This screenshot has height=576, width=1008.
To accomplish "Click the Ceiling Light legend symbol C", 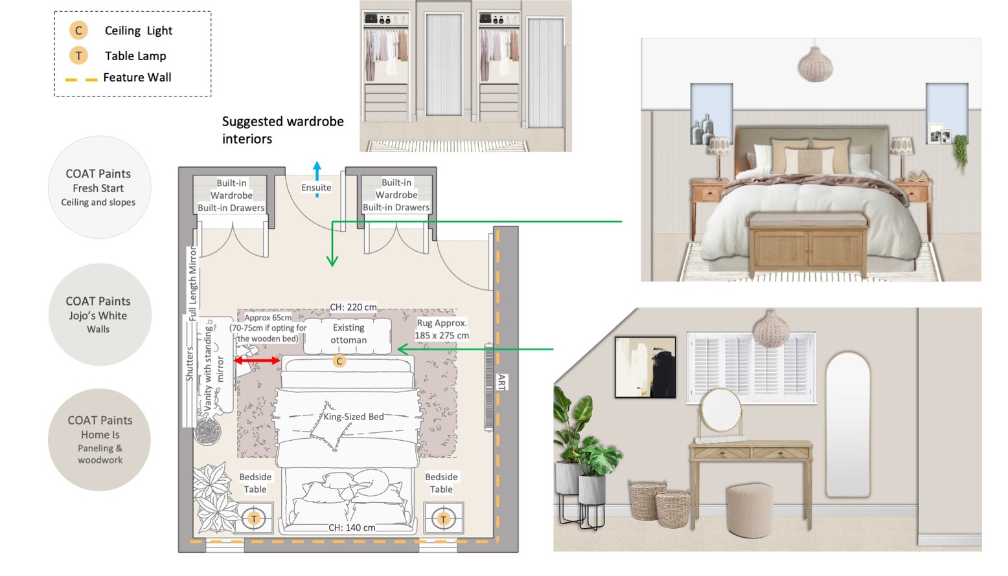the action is [x=78, y=30].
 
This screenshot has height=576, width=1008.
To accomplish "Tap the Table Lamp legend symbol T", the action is [x=78, y=56].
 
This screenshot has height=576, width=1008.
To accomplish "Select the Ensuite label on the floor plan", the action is [x=316, y=188].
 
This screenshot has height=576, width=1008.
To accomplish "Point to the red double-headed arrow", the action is [x=257, y=360].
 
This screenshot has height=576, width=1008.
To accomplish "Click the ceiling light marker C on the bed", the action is [x=339, y=360].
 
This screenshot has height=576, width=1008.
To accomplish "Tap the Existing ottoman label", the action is [x=349, y=334].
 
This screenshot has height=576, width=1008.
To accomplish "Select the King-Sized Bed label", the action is [x=354, y=417].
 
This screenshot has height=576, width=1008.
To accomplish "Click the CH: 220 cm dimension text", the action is [x=353, y=307].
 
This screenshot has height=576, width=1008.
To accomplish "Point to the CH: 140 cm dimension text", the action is [x=352, y=527].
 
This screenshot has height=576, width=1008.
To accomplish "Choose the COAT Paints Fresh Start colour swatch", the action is [x=100, y=187].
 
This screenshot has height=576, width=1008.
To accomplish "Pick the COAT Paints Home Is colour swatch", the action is [x=100, y=439].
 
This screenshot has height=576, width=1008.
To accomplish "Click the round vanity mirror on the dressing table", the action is [x=720, y=411].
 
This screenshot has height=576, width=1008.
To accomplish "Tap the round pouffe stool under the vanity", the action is [x=750, y=511].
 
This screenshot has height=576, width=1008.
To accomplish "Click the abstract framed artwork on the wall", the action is [x=645, y=367].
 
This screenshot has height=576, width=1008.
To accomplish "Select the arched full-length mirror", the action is [x=848, y=425].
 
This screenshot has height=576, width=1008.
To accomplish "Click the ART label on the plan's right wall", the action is [x=501, y=382].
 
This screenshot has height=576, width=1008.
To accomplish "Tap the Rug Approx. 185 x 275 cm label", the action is [x=442, y=329].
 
